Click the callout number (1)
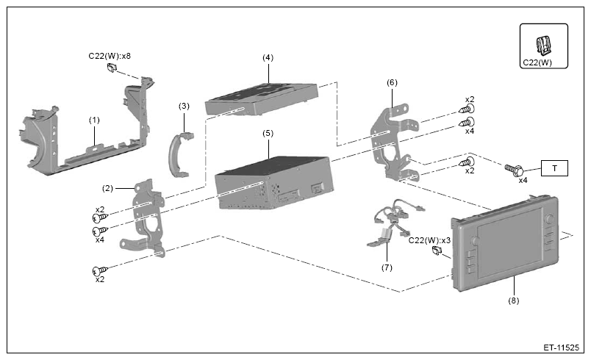click(94, 120)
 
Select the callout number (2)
click(108, 188)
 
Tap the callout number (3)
click(184, 107)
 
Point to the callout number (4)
click(268, 57)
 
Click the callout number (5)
click(268, 133)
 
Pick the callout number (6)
click(392, 82)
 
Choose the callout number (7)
click(387, 267)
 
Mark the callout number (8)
click(513, 300)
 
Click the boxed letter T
click(554, 168)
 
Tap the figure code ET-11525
click(561, 348)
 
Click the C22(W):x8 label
click(110, 56)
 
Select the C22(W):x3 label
click(430, 240)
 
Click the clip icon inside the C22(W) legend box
click(543, 45)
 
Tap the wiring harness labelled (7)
click(395, 223)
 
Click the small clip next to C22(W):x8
click(112, 68)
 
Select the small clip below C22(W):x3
click(437, 251)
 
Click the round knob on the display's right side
click(550, 219)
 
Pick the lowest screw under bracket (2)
click(100, 271)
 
